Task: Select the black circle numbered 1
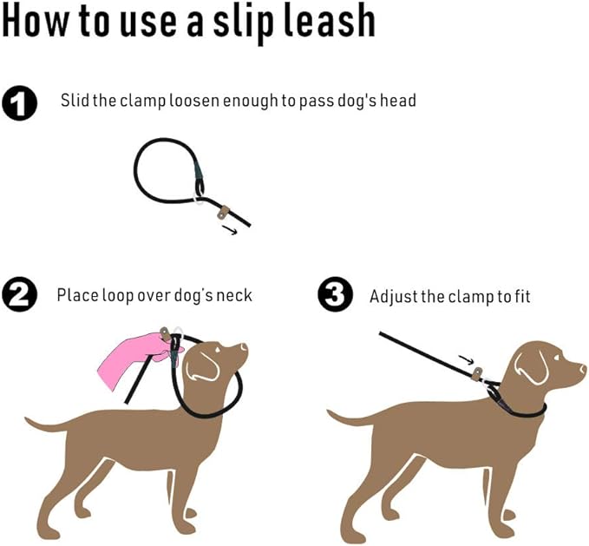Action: (20, 103)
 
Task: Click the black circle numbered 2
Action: (20, 295)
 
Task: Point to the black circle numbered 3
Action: (335, 295)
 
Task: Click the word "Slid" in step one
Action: (75, 101)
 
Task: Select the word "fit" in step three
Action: (520, 296)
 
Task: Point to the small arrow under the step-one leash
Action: (230, 230)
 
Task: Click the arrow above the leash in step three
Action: (466, 358)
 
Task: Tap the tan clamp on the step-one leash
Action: (224, 211)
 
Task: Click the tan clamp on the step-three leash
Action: (475, 374)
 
